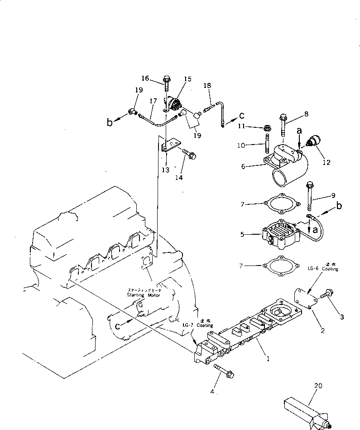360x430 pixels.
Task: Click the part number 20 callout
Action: point(318,386)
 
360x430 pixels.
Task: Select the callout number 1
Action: point(268,359)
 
